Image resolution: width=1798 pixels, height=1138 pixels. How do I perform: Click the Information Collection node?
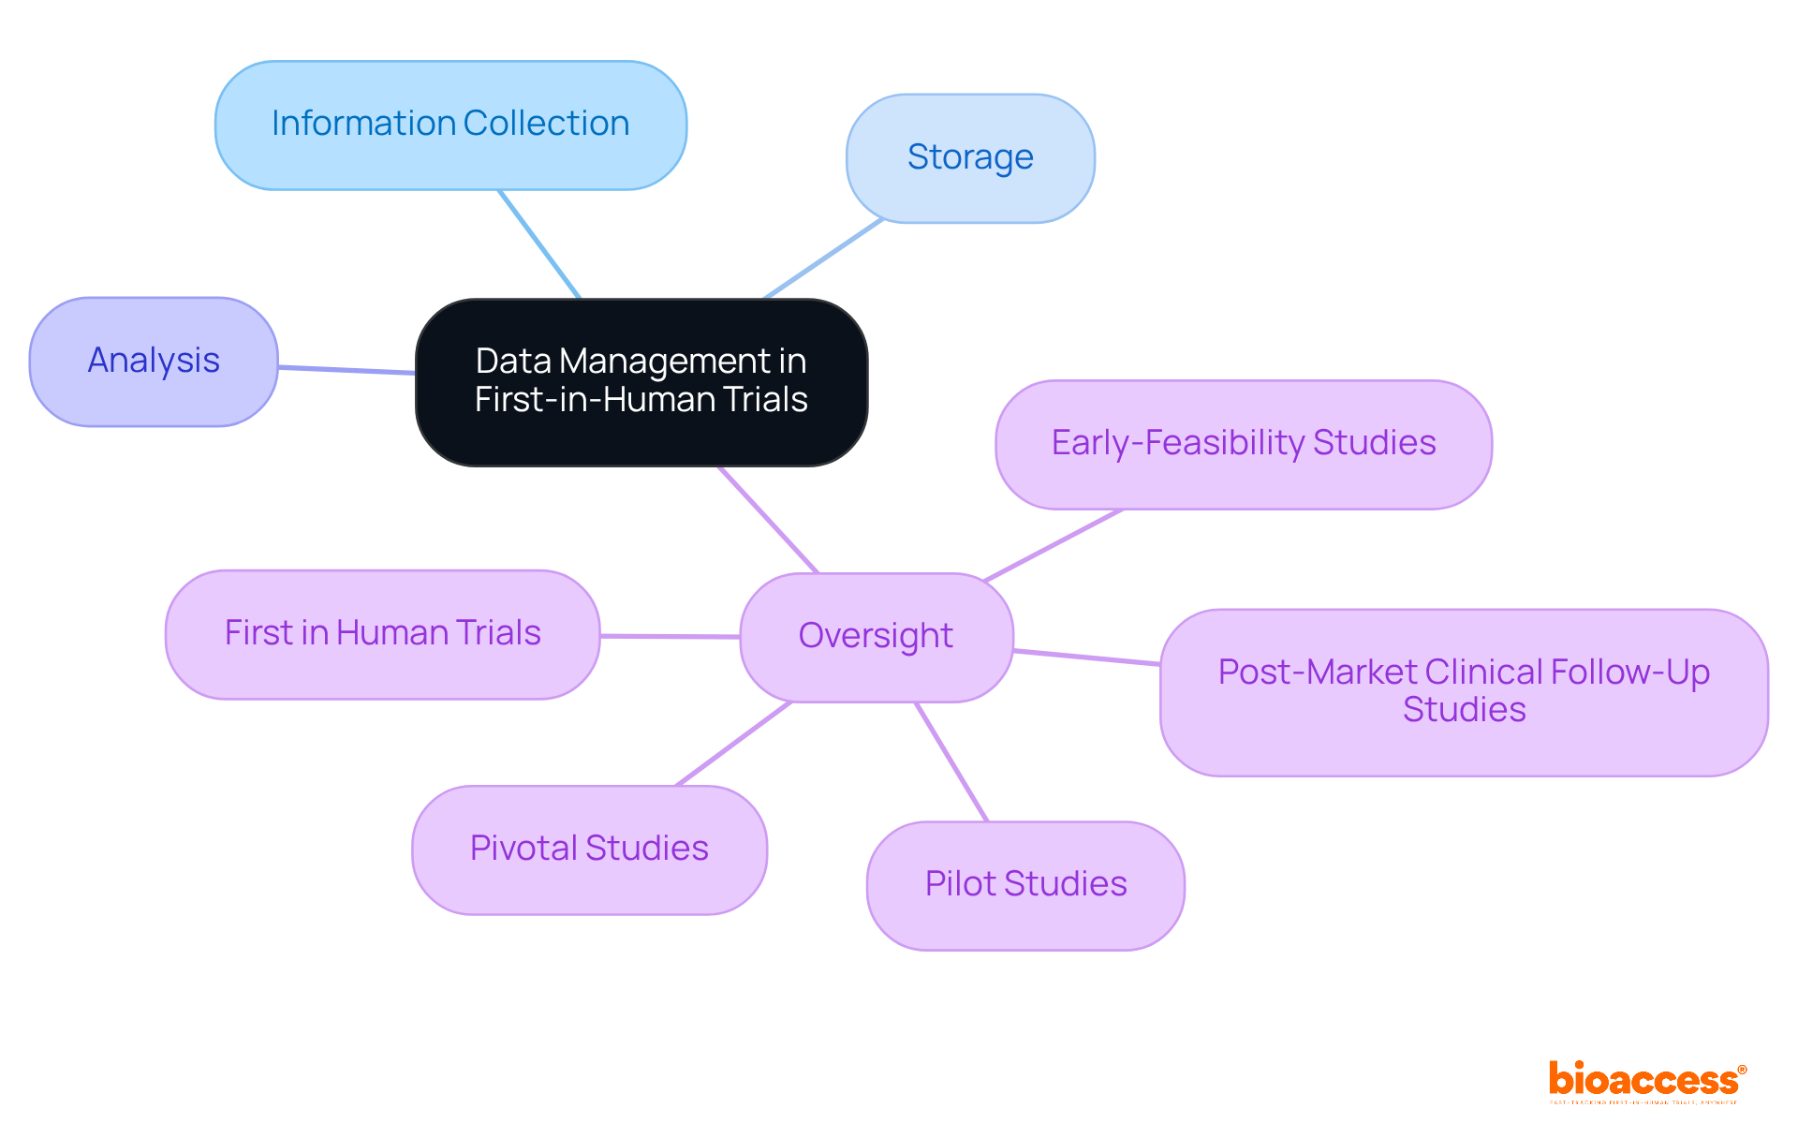[x=450, y=126]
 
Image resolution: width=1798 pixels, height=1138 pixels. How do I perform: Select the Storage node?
[x=970, y=157]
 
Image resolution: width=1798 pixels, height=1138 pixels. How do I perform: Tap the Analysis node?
[x=154, y=362]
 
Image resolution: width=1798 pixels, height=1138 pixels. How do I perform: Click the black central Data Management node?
[x=641, y=381]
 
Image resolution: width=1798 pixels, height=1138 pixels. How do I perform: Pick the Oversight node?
[x=876, y=637]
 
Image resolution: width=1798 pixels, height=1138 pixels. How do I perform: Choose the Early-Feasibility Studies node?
[x=1243, y=444]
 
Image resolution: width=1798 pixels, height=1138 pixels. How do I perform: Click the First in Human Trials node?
[x=382, y=634]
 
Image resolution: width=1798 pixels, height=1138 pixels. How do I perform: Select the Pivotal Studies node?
[x=589, y=850]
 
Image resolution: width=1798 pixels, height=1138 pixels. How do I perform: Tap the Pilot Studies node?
[x=1025, y=885]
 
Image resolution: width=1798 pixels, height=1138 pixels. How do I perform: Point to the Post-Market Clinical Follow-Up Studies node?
[x=1463, y=692]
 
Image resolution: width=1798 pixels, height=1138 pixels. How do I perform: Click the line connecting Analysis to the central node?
[x=346, y=370]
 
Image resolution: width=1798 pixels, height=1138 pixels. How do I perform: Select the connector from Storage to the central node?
[x=824, y=259]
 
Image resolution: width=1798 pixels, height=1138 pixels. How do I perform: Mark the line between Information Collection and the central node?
[x=540, y=244]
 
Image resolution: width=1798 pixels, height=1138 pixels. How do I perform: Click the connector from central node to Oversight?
[x=768, y=519]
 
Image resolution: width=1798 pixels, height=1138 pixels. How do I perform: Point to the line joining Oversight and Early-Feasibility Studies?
[x=1054, y=545]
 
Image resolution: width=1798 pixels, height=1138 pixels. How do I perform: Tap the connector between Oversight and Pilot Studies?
[x=951, y=761]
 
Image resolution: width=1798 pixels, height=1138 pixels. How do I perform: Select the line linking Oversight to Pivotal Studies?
[x=733, y=744]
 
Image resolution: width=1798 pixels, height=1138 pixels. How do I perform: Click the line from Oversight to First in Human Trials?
[x=670, y=636]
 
